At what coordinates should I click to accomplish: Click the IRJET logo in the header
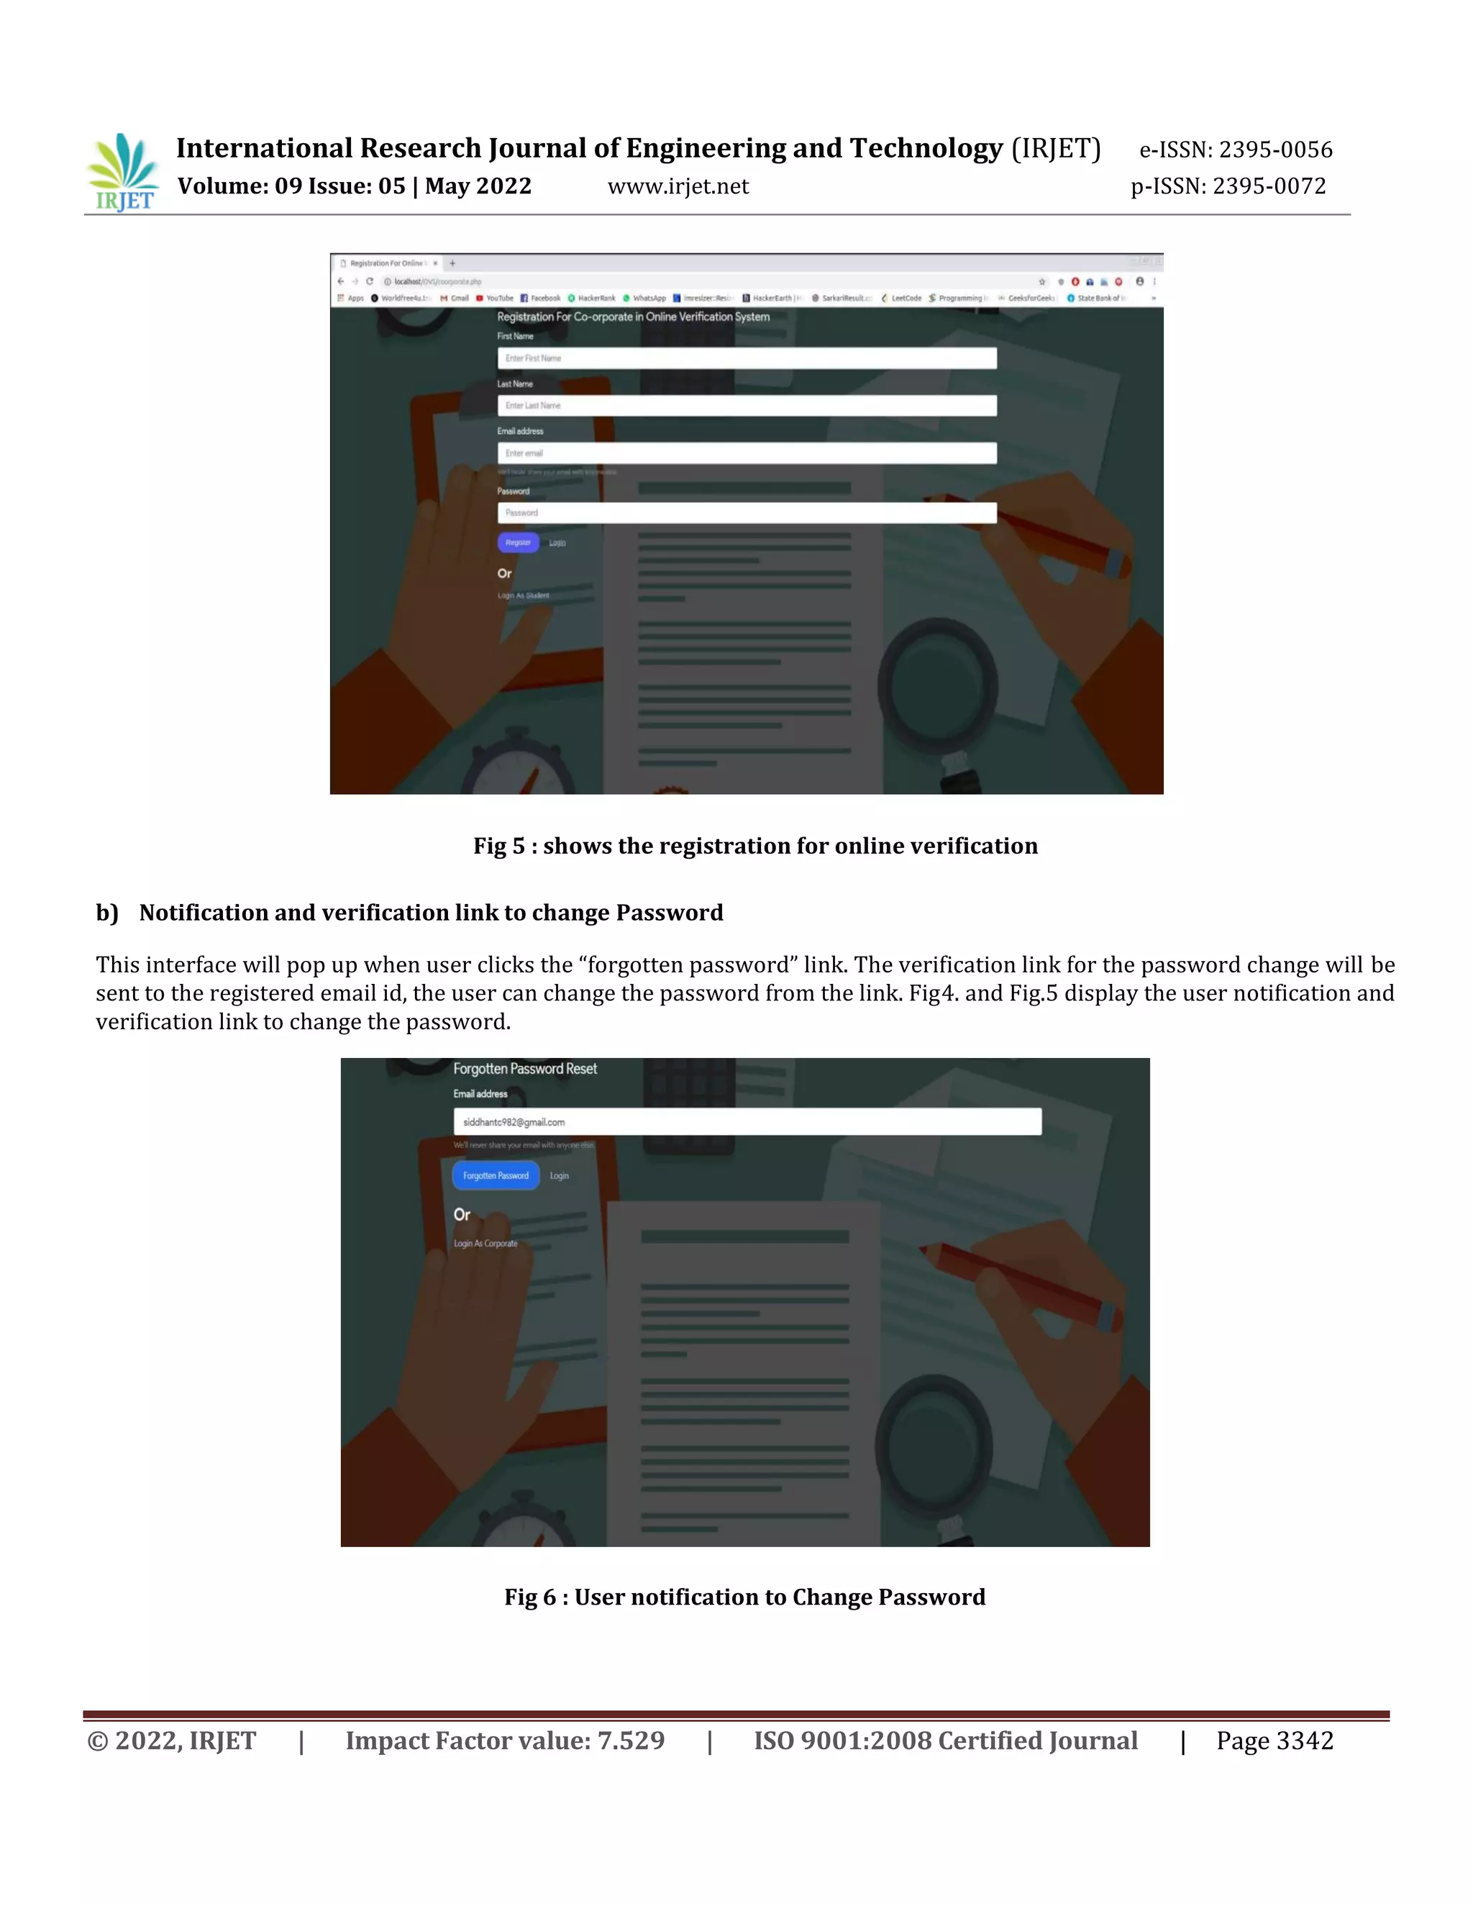pos(123,172)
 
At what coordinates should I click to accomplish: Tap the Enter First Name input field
pos(746,357)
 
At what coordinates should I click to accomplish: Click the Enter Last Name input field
pos(746,406)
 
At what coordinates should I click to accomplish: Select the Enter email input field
pos(746,453)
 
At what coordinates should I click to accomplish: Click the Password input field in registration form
pos(746,513)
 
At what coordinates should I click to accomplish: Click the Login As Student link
pos(524,596)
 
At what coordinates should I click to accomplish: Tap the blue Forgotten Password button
pos(496,1175)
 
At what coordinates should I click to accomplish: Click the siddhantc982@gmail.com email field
pos(746,1122)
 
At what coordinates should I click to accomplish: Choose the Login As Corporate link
pos(485,1244)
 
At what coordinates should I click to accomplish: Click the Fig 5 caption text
pos(754,846)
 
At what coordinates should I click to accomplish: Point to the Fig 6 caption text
pos(744,1597)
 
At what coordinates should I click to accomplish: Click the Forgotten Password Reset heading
pos(524,1069)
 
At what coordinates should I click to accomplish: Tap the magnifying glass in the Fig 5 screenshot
pos(938,680)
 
